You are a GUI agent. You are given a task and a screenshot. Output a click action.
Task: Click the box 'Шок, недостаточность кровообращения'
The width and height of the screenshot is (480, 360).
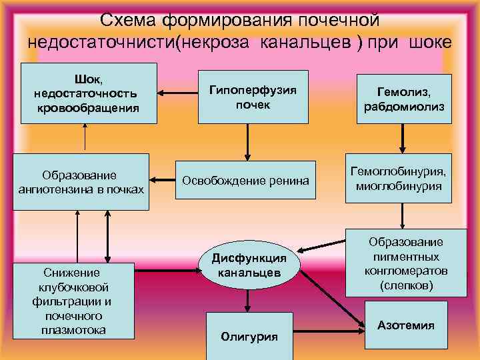(x=89, y=93)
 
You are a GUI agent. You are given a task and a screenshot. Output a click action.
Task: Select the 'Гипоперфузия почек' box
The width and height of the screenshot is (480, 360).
(x=253, y=97)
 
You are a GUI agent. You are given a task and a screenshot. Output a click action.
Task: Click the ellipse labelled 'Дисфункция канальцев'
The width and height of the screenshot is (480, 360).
(x=249, y=265)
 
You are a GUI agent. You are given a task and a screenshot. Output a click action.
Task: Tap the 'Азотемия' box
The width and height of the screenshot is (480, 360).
(x=405, y=325)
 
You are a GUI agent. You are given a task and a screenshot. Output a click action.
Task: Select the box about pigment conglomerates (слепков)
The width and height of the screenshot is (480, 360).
(x=405, y=264)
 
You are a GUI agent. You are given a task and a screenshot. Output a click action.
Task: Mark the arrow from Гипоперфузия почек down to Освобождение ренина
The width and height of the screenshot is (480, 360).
(x=247, y=141)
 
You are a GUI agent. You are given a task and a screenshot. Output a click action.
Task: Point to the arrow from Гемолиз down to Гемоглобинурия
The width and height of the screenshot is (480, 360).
(x=403, y=140)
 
